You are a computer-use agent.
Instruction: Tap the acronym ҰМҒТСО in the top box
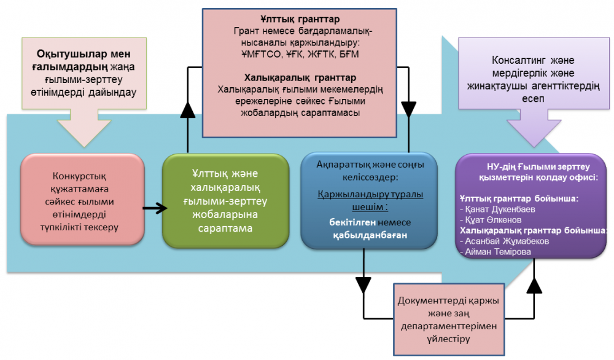click(260, 54)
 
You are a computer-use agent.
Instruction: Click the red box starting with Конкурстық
click(82, 200)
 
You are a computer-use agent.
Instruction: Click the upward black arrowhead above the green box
click(187, 109)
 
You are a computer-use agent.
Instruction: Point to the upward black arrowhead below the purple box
click(534, 284)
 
